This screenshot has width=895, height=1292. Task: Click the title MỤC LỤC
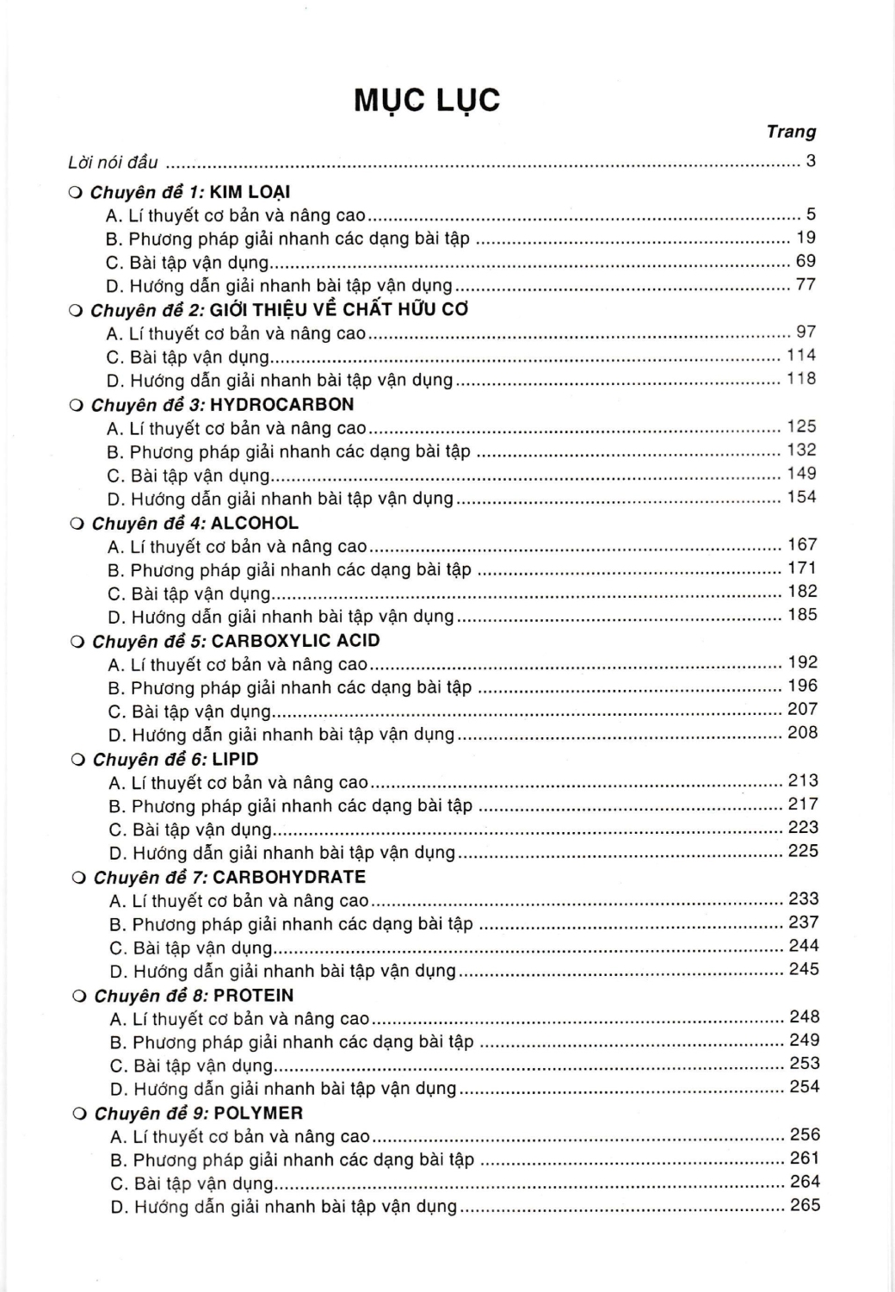point(426,101)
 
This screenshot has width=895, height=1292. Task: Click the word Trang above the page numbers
point(791,132)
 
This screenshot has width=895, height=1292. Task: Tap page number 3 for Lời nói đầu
point(811,161)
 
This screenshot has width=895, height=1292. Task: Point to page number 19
point(806,238)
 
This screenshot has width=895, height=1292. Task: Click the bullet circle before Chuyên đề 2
point(75,311)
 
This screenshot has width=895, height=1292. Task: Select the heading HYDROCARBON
point(281,404)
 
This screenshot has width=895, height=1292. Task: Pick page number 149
point(802,474)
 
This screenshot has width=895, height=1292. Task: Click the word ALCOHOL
point(255,523)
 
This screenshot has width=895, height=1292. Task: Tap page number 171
point(802,568)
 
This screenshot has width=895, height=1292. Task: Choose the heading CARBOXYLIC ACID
point(295,641)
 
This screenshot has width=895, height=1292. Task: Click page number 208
point(803,733)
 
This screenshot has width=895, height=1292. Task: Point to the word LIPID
point(235,760)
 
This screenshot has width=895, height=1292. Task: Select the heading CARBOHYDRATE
point(289,878)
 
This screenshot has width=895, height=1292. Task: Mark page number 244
point(804,946)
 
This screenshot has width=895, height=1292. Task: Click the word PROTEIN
point(254,996)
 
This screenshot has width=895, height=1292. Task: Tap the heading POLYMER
point(258,1114)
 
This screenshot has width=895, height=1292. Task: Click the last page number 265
point(805,1206)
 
